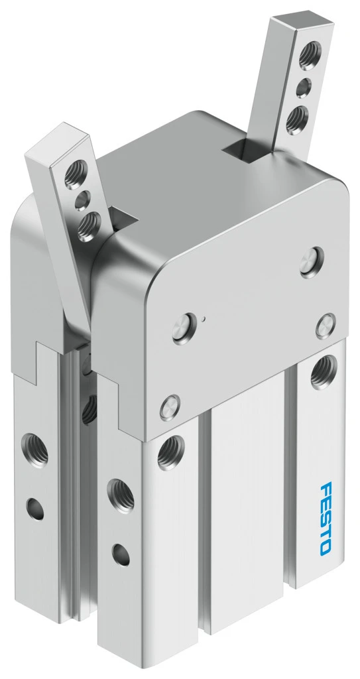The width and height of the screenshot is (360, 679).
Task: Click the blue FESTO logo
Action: (326, 518)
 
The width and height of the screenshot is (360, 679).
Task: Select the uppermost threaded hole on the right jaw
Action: (310, 56)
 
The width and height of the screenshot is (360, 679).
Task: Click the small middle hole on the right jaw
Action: (304, 88)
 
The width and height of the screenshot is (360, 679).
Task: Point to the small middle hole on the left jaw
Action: (83, 201)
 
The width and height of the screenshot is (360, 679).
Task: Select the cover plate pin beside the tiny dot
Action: (184, 328)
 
